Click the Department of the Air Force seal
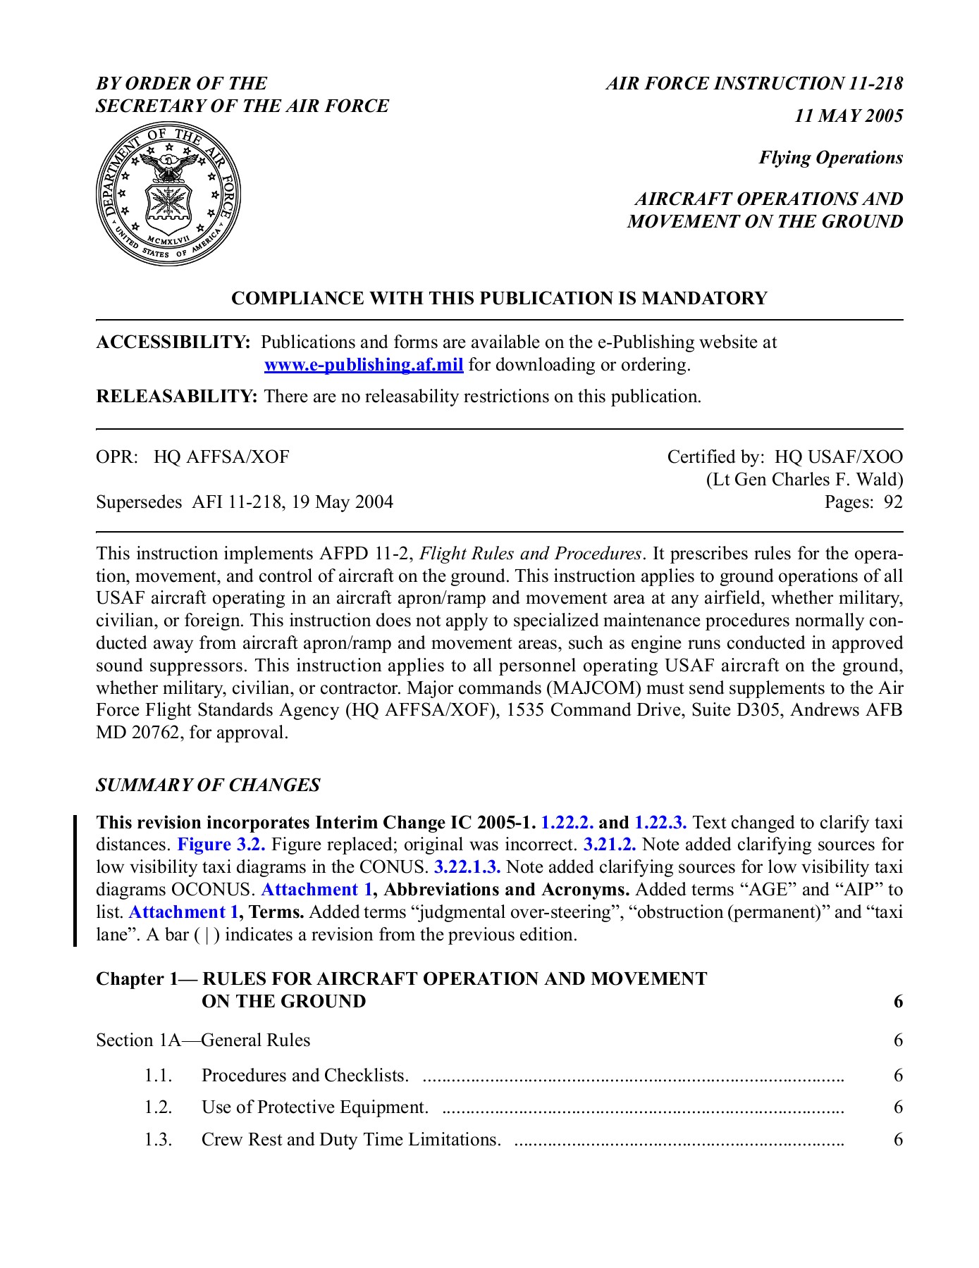(168, 193)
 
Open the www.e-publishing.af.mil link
(363, 365)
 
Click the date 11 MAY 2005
(849, 116)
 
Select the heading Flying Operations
(830, 158)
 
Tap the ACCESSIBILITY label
(173, 342)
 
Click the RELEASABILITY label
(177, 397)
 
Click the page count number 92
(893, 502)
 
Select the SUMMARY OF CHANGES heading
(208, 785)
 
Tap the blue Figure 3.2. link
(221, 845)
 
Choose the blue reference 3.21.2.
(610, 845)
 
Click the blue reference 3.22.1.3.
(467, 867)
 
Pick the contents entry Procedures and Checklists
(304, 1076)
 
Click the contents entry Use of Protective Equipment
(314, 1107)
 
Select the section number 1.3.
(159, 1140)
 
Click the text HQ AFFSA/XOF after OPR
(222, 457)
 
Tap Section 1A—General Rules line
(203, 1040)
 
